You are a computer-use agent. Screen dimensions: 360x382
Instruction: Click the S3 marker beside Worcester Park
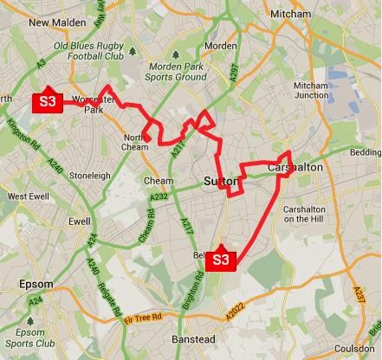pos(47,102)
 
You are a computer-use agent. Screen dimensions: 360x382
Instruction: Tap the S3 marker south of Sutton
pos(221,259)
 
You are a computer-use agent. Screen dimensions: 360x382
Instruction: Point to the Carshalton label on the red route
pos(295,167)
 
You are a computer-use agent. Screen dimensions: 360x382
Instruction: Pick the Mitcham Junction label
pos(311,91)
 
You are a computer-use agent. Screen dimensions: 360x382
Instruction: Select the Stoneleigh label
pos(89,175)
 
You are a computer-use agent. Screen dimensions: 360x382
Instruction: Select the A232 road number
pos(159,197)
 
